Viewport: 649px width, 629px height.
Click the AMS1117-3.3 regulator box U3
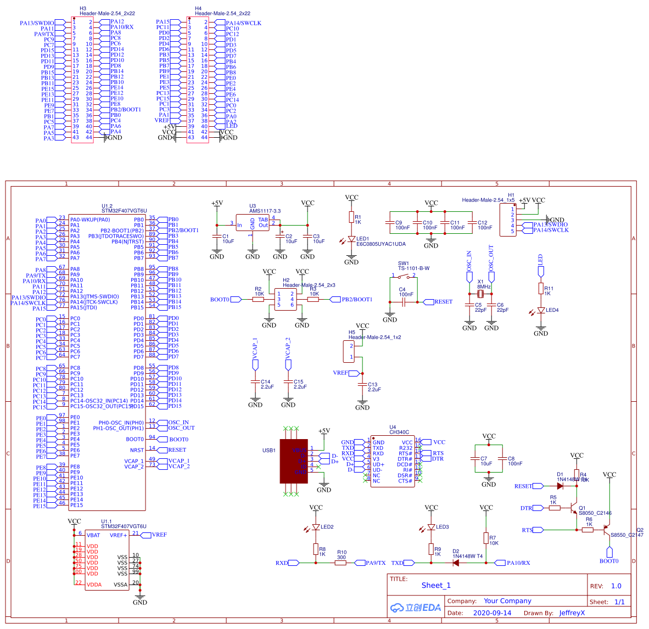(x=253, y=222)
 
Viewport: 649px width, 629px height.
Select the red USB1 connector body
(x=294, y=461)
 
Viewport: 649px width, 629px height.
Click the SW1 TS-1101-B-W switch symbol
(x=404, y=276)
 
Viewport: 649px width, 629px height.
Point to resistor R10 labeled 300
(x=341, y=563)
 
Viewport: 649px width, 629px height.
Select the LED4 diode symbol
(x=541, y=310)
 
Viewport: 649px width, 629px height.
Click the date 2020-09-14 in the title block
(x=492, y=613)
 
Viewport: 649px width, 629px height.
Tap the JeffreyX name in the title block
(x=572, y=613)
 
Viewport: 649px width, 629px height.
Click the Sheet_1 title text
(x=436, y=585)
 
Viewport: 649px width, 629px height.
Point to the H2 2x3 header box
(x=286, y=300)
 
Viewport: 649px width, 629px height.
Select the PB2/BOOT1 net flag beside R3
(x=355, y=300)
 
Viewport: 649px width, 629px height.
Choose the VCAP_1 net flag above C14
(x=255, y=364)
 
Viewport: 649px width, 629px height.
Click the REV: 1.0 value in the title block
(x=616, y=586)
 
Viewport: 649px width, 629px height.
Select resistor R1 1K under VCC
(x=351, y=217)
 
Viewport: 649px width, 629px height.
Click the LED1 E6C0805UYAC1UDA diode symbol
(x=351, y=239)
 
